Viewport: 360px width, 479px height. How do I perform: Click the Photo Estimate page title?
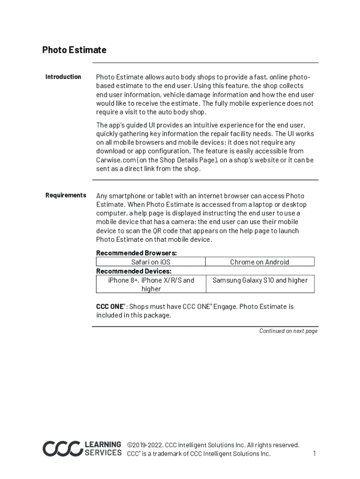click(74, 50)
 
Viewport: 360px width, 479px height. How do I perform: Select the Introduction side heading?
click(63, 77)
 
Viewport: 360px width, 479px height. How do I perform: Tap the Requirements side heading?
click(65, 195)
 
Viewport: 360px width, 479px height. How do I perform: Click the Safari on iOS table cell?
click(151, 262)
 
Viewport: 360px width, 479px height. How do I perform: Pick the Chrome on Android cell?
click(259, 262)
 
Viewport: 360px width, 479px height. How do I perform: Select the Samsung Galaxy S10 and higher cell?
click(260, 280)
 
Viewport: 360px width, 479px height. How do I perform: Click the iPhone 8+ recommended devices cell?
click(151, 284)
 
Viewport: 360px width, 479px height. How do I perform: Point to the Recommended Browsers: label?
click(137, 253)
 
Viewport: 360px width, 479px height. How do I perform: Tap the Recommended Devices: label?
click(134, 271)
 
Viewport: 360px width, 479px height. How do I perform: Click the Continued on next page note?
click(288, 331)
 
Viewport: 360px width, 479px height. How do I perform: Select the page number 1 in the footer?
click(315, 453)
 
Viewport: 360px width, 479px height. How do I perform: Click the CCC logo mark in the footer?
click(62, 449)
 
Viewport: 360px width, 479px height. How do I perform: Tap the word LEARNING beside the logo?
click(103, 444)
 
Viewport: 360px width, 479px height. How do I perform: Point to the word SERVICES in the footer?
click(103, 453)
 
